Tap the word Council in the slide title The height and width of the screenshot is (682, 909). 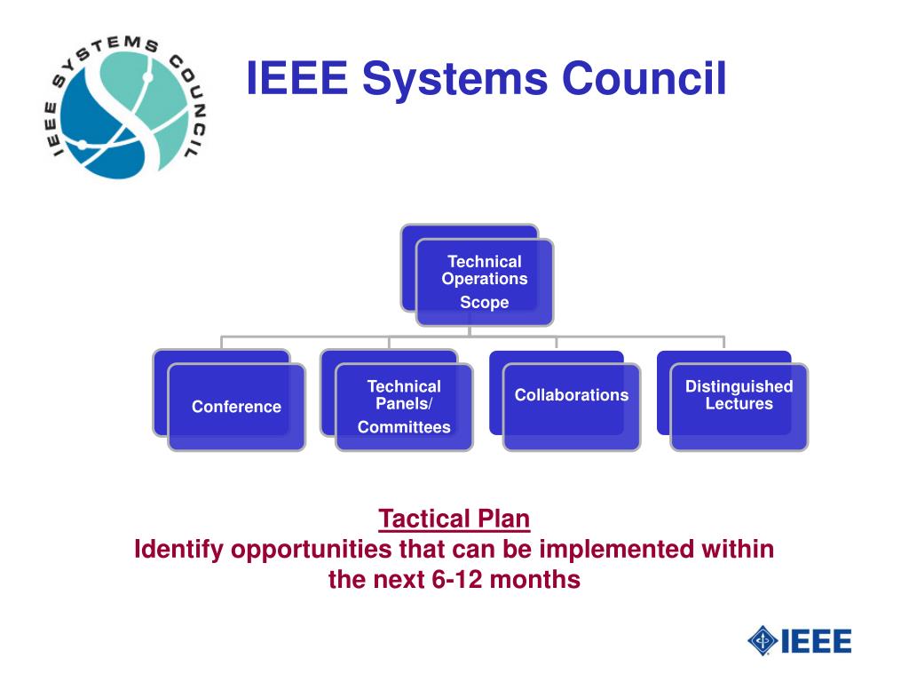(x=644, y=77)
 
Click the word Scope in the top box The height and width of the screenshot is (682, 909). (x=484, y=303)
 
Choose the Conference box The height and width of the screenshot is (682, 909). (x=236, y=407)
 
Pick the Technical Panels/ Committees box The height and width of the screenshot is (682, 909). (x=404, y=407)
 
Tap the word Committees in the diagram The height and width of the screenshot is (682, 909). (x=404, y=428)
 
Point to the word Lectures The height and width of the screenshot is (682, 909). (x=739, y=404)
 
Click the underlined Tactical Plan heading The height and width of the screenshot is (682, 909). (x=454, y=518)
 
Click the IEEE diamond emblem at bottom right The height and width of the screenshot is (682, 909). (x=763, y=640)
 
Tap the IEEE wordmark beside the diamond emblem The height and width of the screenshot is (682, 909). (x=817, y=640)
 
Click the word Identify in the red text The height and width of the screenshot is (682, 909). (x=178, y=550)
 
